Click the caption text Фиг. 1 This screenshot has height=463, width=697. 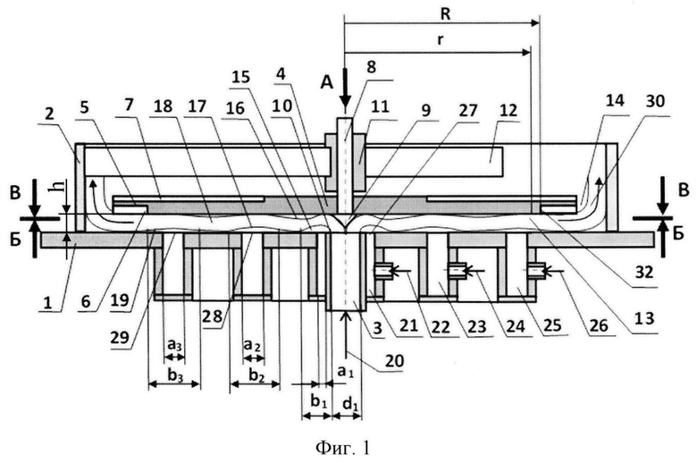point(342,448)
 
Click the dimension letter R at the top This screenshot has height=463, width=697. point(445,13)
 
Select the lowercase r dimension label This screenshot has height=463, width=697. point(441,40)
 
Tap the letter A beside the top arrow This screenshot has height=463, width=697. point(327,82)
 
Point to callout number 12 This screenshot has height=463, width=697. point(508,110)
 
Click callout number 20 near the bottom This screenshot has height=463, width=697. point(394,360)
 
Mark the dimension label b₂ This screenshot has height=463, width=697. point(256,376)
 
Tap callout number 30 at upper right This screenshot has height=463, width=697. point(656,101)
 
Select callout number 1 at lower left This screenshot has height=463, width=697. point(47,303)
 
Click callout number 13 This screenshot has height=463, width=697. point(645,318)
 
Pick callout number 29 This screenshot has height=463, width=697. point(121,337)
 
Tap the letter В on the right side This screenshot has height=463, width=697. point(683,191)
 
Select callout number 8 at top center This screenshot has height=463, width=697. point(371,67)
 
